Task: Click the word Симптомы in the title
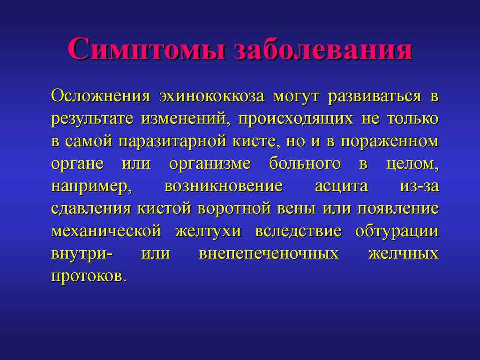click(x=147, y=49)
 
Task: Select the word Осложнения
click(x=101, y=96)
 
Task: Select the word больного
click(x=305, y=164)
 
